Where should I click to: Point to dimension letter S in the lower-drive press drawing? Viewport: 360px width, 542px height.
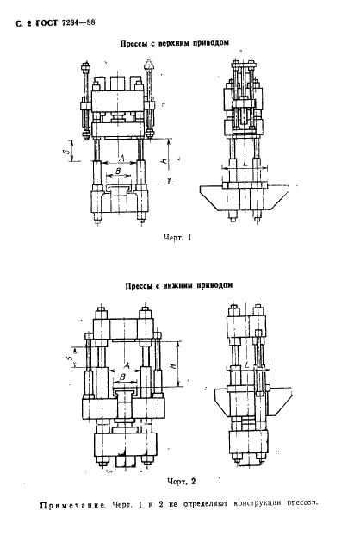[x=71, y=354]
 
